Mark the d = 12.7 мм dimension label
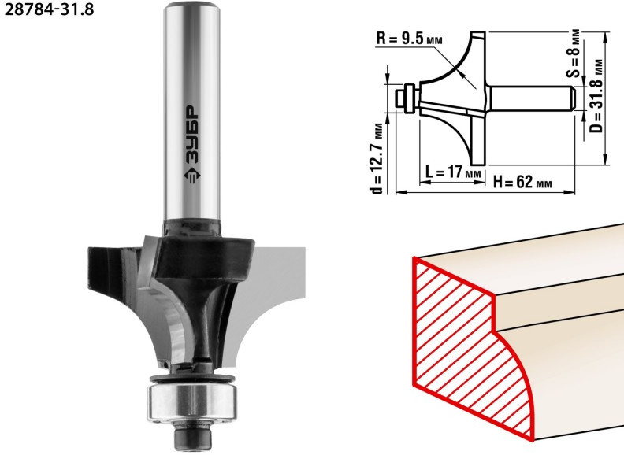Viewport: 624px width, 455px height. (380, 157)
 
